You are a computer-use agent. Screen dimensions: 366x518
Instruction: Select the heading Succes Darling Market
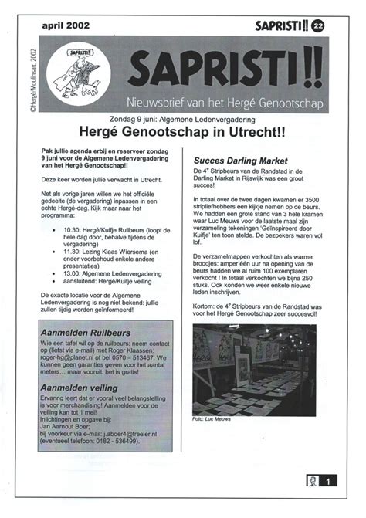(x=235, y=161)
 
